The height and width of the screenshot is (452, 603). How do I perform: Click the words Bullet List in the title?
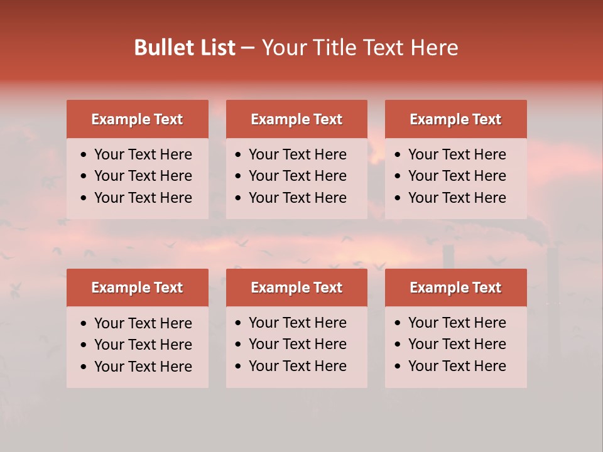point(185,48)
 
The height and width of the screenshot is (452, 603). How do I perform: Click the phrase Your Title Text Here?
point(360,48)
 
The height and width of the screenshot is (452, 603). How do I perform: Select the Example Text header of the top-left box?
point(137,119)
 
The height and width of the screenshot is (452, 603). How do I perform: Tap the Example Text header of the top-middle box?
point(296,119)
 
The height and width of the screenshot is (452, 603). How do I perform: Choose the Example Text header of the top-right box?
point(455,119)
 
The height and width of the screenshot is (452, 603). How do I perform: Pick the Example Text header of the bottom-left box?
point(137,288)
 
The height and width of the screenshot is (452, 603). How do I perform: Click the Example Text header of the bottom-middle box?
point(296,288)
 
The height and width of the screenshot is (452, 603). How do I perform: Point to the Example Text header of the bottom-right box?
point(455,288)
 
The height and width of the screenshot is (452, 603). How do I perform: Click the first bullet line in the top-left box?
point(143,154)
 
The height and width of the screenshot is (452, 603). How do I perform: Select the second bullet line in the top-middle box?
point(298,176)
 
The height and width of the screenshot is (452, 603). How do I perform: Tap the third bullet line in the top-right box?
point(457,198)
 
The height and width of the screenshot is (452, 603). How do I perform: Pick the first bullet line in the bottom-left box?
point(143,323)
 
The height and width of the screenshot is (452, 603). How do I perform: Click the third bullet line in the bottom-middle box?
point(298,366)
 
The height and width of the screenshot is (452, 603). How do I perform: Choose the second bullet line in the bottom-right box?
point(457,344)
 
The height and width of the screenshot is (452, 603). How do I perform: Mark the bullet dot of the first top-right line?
point(398,155)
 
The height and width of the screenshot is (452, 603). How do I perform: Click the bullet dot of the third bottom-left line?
point(84,367)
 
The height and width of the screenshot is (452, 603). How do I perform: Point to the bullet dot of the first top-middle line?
point(239,155)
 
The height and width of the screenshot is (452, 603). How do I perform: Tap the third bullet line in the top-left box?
point(143,198)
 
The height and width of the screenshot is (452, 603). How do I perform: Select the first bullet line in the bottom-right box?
point(457,323)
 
